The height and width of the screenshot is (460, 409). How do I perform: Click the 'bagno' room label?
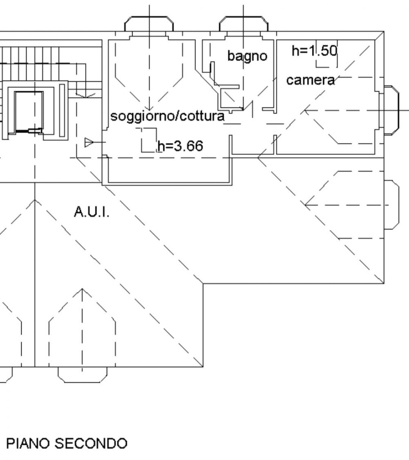tap(247, 56)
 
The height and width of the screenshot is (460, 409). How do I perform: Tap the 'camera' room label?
tap(310, 80)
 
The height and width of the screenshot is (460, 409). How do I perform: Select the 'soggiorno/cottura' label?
tap(168, 116)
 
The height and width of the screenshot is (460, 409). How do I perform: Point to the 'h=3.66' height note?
tap(180, 146)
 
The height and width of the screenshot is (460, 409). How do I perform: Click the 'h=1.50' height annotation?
tap(314, 51)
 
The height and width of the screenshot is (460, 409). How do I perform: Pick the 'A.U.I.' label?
tap(92, 211)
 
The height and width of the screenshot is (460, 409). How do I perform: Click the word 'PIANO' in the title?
tap(28, 443)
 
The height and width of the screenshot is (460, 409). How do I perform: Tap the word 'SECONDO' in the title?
tap(91, 443)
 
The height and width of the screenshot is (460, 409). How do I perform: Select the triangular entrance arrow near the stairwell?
tap(89, 142)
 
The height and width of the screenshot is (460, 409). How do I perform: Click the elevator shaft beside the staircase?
tap(29, 112)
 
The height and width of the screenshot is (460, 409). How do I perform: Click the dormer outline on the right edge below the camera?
tap(392, 205)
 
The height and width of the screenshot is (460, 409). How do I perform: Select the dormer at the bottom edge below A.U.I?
tap(83, 375)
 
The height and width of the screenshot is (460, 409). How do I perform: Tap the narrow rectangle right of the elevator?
tap(62, 110)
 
